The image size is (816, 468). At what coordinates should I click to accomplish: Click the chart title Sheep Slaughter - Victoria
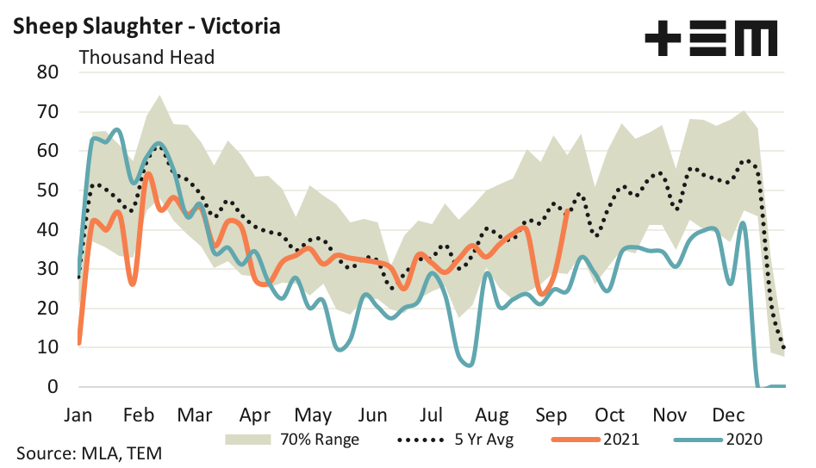click(146, 26)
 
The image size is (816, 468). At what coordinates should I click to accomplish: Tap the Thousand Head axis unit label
click(146, 58)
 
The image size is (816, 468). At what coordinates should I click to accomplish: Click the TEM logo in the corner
click(711, 39)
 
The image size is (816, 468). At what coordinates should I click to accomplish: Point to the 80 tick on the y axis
click(47, 72)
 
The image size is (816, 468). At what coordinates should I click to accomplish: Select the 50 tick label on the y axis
click(47, 190)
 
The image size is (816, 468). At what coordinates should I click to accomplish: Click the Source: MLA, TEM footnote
click(88, 452)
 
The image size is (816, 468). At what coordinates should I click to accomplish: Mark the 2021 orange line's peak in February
click(148, 174)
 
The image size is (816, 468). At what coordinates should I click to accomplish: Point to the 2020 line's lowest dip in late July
click(468, 365)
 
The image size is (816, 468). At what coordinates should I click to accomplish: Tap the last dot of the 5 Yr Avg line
click(783, 347)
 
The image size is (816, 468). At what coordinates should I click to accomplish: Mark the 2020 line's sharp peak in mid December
click(742, 223)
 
